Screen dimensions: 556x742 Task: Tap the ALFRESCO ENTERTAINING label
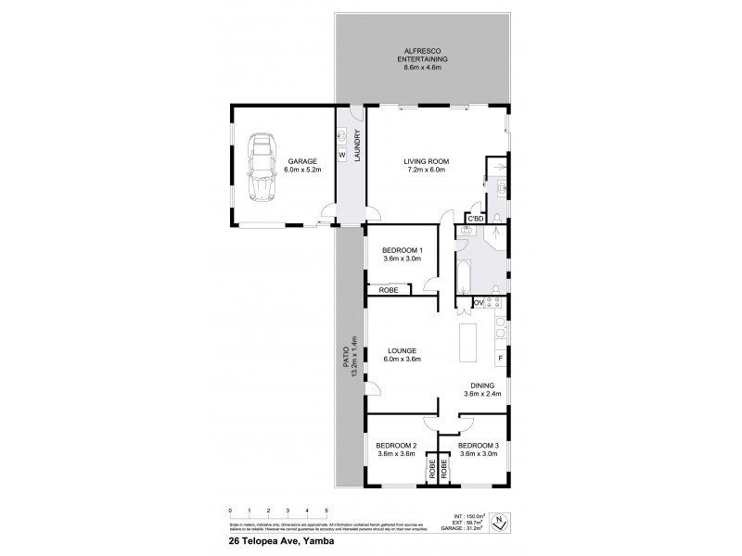422,57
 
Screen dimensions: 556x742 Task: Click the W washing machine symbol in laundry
342,155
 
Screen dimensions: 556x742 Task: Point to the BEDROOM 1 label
402,255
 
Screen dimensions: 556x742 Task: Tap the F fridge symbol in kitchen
500,357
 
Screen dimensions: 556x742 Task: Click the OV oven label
480,302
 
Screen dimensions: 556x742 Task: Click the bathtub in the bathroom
461,280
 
